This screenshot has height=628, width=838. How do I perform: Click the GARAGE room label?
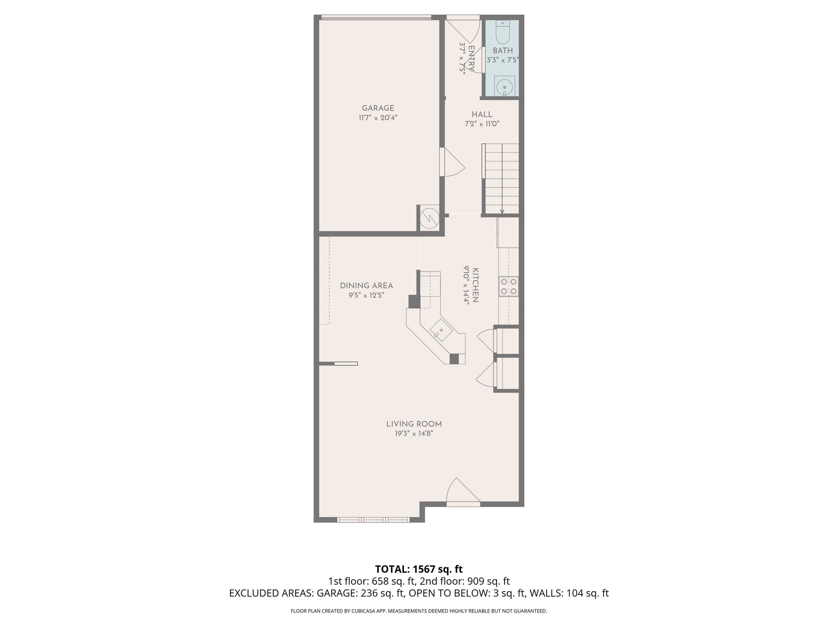(x=378, y=108)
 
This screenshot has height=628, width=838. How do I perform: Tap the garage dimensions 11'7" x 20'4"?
(x=378, y=118)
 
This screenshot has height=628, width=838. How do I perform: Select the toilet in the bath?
(x=502, y=32)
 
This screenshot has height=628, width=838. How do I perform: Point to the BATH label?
(x=502, y=51)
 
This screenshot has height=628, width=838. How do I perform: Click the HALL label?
(x=482, y=114)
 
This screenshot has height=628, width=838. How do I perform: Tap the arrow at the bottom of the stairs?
(x=502, y=211)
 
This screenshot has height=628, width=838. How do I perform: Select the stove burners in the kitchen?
(x=508, y=286)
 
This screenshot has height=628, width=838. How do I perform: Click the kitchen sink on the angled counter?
(x=441, y=330)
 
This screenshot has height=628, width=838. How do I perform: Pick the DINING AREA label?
(x=366, y=286)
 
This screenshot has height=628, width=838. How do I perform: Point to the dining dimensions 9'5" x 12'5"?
(x=366, y=295)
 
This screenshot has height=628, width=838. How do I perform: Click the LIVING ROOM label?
(x=414, y=424)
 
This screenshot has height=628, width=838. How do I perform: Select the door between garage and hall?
(x=453, y=162)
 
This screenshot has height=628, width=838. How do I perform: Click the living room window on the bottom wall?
(x=373, y=520)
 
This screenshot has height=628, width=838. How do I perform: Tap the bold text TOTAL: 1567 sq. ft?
(x=419, y=569)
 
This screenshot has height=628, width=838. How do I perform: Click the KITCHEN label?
(x=475, y=285)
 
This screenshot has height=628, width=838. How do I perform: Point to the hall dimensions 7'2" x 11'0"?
(x=482, y=124)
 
